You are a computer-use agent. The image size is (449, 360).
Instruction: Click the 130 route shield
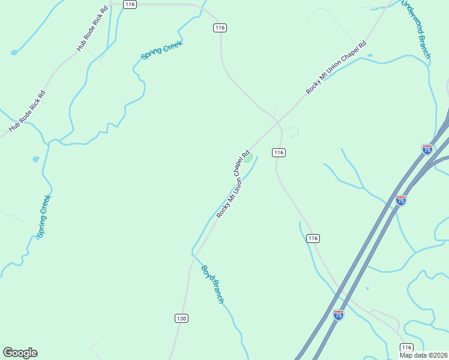click(181, 318)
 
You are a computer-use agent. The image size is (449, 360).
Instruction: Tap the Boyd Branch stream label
click(212, 284)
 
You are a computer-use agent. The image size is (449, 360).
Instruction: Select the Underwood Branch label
click(416, 29)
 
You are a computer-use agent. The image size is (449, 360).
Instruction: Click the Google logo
click(20, 353)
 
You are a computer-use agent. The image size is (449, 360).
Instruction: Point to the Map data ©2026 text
click(424, 355)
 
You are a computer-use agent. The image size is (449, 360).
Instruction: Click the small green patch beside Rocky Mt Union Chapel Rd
click(248, 160)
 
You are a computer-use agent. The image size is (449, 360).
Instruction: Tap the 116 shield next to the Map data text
click(406, 348)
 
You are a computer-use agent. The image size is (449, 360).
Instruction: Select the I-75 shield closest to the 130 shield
click(339, 314)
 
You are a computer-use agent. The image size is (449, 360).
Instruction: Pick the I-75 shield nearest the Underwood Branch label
click(427, 149)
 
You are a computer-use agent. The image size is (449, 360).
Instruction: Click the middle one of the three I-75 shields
click(401, 200)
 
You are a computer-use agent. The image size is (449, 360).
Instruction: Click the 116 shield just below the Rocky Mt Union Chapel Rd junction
click(278, 152)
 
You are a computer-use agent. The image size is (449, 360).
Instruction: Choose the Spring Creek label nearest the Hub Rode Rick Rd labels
click(161, 50)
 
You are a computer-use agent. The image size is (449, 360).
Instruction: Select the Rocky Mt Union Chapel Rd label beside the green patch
click(233, 184)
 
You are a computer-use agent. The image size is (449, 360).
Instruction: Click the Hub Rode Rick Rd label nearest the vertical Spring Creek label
click(27, 111)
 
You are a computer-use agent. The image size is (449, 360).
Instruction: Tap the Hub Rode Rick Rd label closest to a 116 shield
click(92, 29)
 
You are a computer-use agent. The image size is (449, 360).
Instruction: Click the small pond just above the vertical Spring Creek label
click(36, 160)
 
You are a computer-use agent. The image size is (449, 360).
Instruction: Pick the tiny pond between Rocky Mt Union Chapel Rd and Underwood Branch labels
click(369, 55)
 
